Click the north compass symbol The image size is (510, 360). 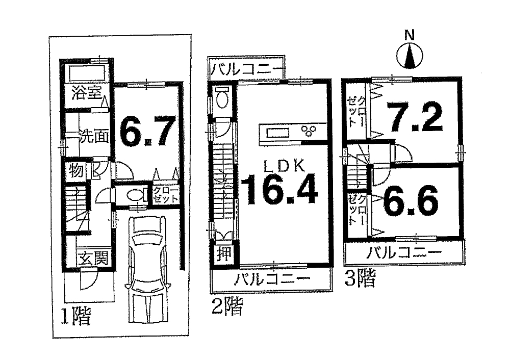pos(410,55)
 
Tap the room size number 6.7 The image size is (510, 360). pos(147,131)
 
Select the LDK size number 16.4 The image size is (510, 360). pos(279,189)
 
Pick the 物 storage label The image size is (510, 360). pos(76,170)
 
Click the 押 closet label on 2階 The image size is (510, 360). pos(224,253)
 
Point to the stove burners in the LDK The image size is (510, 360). pos(309,130)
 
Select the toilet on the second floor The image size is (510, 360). pos(222,98)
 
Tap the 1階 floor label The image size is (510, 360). pos(76,316)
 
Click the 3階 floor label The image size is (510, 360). pos(360,279)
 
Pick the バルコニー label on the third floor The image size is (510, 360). pos(404,252)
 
